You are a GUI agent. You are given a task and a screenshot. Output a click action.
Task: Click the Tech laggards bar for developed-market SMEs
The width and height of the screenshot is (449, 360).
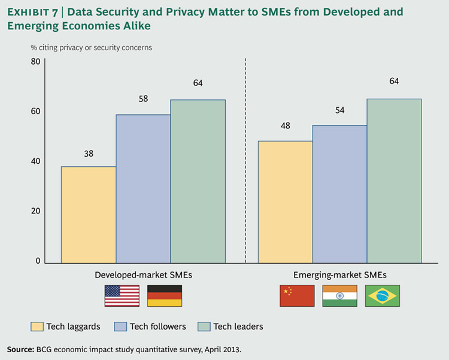coord(88,215)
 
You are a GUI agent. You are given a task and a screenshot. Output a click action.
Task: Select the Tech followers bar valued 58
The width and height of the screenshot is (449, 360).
coord(142,188)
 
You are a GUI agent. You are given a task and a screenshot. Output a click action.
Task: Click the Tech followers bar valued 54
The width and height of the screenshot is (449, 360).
coord(339,194)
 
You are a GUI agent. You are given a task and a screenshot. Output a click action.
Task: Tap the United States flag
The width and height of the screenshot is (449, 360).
coord(122,295)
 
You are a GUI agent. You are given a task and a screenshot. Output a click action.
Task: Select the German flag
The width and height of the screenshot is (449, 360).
coord(165,295)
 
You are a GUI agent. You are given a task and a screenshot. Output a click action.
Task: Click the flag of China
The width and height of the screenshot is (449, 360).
coord(297,295)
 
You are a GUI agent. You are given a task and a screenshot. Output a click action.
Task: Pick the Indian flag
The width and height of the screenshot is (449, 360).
coord(339,295)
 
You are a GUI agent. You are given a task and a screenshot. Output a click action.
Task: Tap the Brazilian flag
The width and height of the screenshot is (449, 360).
coord(382,295)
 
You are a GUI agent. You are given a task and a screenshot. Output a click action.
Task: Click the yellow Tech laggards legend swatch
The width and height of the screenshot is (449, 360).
coord(37,327)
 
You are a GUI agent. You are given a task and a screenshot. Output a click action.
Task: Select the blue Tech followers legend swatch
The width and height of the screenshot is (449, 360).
coord(120,327)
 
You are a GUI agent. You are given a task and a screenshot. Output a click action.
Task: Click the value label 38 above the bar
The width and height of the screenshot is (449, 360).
coord(89,154)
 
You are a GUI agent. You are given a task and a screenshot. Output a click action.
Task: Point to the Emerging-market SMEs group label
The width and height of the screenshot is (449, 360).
coord(339,274)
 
